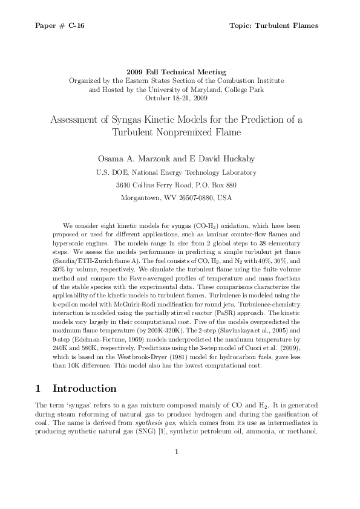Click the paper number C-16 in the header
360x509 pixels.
click(x=76, y=25)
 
